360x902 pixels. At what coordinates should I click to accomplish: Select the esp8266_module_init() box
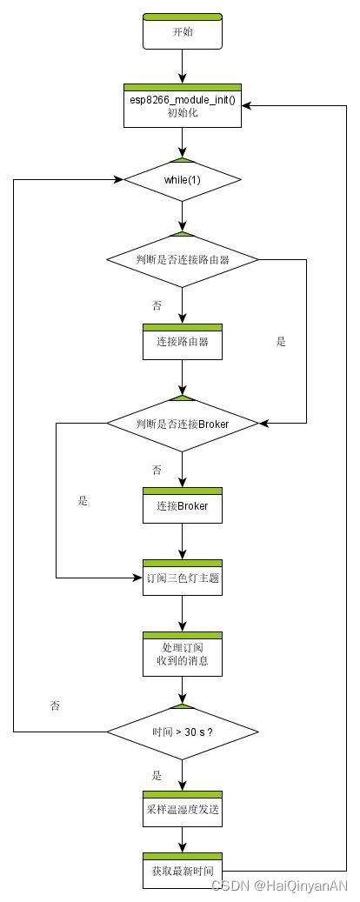point(183,107)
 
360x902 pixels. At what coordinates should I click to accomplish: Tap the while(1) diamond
point(183,180)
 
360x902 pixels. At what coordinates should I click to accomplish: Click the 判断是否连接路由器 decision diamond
point(183,258)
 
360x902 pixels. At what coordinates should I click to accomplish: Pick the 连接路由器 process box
point(183,342)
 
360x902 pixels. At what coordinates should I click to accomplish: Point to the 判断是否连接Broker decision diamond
point(183,424)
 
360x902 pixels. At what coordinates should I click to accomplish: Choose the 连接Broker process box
point(183,505)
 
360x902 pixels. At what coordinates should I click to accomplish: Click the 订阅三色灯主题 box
point(183,578)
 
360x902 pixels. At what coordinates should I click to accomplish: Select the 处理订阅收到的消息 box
point(183,653)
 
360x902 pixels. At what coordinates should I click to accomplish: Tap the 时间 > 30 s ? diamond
point(183,732)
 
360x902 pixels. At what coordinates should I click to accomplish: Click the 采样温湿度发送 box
point(183,808)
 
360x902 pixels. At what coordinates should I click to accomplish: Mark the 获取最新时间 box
point(183,870)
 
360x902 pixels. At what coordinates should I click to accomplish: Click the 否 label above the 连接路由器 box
point(157,306)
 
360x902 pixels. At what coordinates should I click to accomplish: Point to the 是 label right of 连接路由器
point(281,342)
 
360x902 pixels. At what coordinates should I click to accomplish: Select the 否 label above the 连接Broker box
point(157,470)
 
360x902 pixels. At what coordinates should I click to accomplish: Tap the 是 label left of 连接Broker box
point(83,501)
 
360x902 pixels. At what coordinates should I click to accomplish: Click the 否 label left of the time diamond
point(57,705)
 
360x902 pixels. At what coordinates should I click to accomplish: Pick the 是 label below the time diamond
point(157,775)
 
